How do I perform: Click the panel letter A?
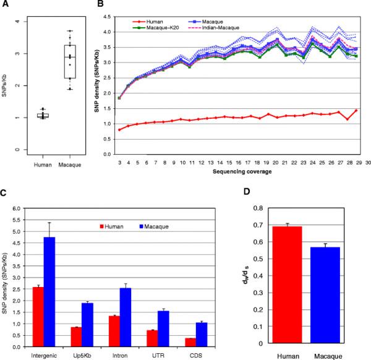click(x=4, y=5)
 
